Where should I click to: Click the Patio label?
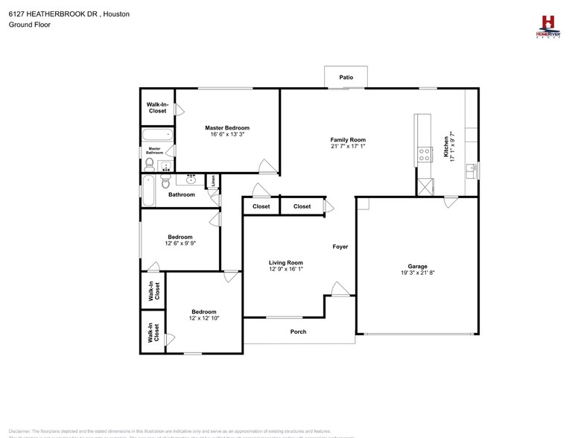(346, 77)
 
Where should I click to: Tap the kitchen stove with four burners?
(425, 155)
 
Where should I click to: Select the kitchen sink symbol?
(472, 171)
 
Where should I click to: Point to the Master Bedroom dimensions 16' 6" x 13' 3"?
(227, 135)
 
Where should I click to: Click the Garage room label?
(417, 266)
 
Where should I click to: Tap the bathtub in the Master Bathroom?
(157, 136)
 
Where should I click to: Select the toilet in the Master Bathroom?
(150, 163)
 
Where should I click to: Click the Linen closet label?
(213, 180)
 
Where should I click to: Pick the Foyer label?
(340, 247)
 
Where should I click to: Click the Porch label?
(298, 331)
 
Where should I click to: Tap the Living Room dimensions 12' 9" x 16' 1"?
(285, 270)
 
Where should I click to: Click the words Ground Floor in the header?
(26, 25)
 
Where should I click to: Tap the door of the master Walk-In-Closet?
(178, 109)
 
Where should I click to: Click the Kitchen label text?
(446, 146)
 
